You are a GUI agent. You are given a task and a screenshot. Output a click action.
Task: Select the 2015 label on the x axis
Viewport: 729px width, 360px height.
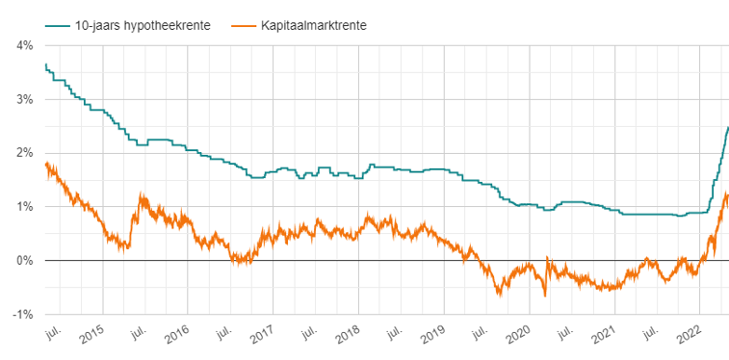pyautogui.click(x=91, y=336)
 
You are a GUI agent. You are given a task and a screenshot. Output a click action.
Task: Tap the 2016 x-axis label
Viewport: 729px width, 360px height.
pyautogui.click(x=176, y=336)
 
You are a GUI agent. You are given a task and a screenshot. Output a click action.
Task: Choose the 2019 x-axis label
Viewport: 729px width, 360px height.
pyautogui.click(x=432, y=336)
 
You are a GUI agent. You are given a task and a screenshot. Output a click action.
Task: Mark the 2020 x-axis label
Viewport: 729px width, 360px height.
pyautogui.click(x=518, y=336)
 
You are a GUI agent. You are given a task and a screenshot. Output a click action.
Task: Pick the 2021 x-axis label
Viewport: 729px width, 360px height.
pyautogui.click(x=604, y=336)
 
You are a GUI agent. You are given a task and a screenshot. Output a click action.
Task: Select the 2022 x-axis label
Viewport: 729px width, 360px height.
pyautogui.click(x=689, y=336)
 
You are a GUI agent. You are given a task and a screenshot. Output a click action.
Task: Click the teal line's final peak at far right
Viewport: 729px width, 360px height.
pyautogui.click(x=727, y=127)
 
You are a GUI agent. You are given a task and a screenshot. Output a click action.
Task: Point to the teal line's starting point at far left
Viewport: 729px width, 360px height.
pyautogui.click(x=45, y=64)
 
